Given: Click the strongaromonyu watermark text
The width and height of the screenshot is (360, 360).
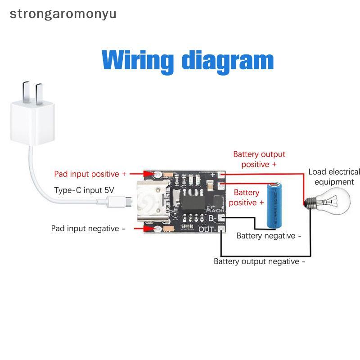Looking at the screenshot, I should point(63,13).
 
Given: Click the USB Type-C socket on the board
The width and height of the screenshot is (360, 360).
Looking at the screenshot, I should point(151,203).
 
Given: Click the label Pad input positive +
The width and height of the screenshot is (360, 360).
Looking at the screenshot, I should point(90,174).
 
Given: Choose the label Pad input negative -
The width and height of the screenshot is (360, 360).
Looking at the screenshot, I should point(88,229).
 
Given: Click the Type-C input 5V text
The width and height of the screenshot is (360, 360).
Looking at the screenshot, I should point(84,190).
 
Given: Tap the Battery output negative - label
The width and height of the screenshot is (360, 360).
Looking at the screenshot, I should point(259,261).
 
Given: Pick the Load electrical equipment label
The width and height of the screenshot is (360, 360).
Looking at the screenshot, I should point(334,177).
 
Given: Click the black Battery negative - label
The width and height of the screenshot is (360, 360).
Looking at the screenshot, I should point(269,236).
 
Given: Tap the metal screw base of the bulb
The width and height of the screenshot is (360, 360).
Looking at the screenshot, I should point(309,201).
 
